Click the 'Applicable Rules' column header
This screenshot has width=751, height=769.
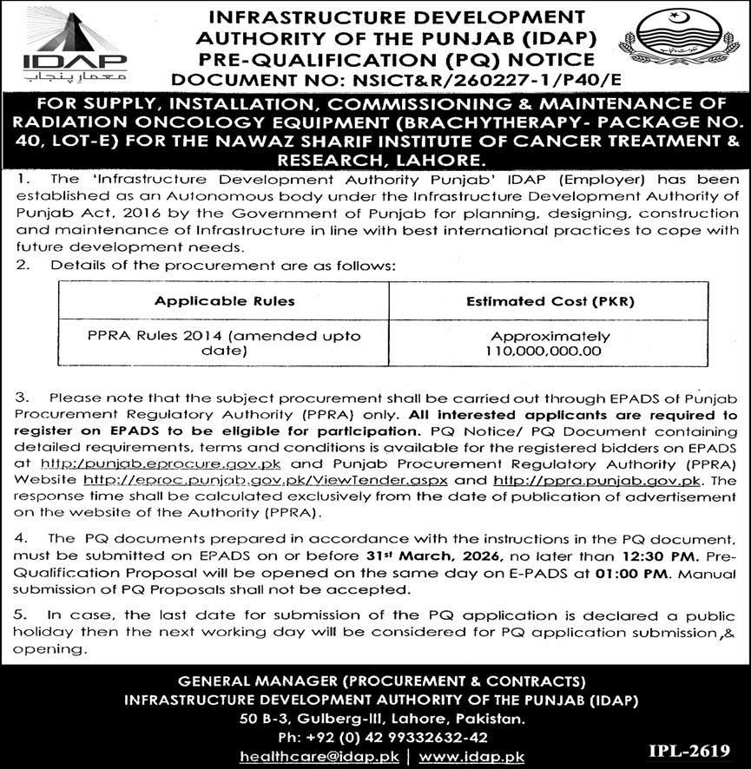(225, 302)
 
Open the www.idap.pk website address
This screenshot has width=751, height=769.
(470, 757)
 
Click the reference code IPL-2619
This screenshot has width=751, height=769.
(688, 748)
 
